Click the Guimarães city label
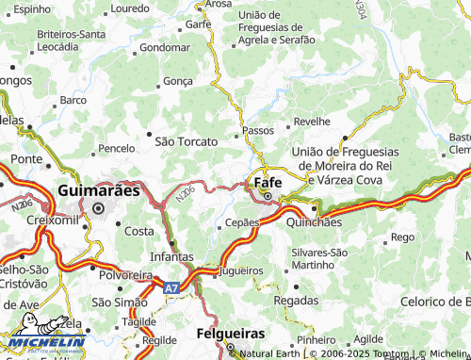(99, 189)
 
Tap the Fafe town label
(268, 181)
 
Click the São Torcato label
(186, 141)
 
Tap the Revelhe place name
(312, 122)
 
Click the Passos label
(258, 130)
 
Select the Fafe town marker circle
(268, 197)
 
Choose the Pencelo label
(118, 149)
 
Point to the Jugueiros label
(240, 270)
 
